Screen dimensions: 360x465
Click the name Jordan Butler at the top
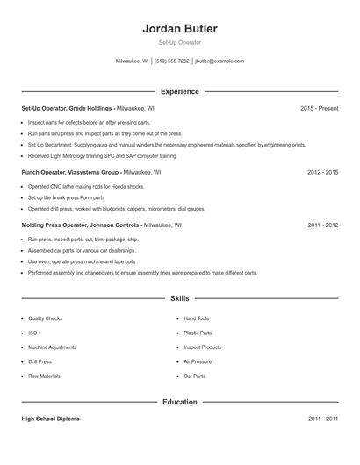coord(179,28)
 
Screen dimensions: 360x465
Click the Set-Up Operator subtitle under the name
coord(179,43)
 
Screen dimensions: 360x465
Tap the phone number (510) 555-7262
coord(171,61)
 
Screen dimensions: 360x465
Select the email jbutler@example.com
coord(220,61)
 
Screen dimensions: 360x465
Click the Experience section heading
coord(179,91)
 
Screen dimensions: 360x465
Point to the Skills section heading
coord(179,298)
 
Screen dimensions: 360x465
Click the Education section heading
coord(179,402)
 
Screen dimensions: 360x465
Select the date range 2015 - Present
coord(319,108)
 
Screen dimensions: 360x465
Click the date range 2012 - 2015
coord(322,173)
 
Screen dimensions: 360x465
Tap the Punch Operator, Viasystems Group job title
coord(70,173)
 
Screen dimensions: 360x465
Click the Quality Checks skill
coord(45,318)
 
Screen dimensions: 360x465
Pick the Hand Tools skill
coord(196,318)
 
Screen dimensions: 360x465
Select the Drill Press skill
coord(40,361)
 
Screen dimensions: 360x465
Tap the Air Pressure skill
coord(197,361)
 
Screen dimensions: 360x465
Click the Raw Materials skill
coord(44,376)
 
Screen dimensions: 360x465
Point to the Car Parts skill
coord(194,376)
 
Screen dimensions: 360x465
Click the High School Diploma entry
coord(51,418)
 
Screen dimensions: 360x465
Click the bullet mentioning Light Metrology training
coord(102,155)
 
